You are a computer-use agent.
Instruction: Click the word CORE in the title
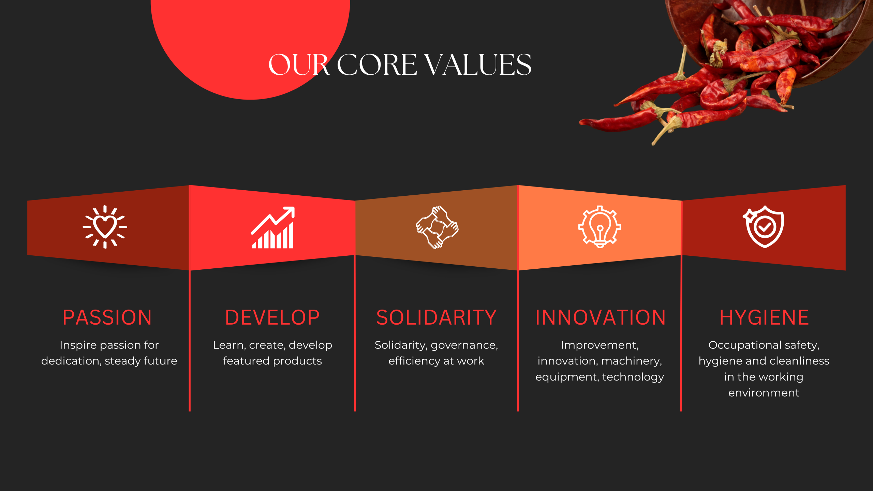pos(377,64)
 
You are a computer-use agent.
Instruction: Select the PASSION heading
pos(107,317)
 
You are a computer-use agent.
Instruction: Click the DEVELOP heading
pos(272,317)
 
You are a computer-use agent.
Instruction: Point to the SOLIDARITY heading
pos(436,317)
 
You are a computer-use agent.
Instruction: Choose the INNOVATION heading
pos(600,317)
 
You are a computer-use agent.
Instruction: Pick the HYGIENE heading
pos(764,317)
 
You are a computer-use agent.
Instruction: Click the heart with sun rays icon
pos(105,227)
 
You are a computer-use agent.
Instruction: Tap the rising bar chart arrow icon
pos(273,227)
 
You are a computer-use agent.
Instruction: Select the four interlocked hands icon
pos(437,227)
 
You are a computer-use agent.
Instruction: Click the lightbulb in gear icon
pos(600,227)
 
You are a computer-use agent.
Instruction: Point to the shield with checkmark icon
pos(764,227)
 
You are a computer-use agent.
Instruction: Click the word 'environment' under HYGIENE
pos(764,393)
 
